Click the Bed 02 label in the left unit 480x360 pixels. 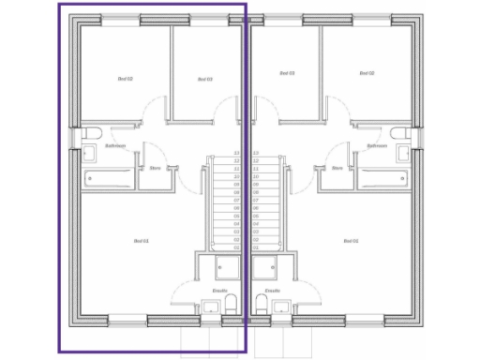pyautogui.click(x=125, y=79)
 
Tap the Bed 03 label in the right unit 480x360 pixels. pyautogui.click(x=288, y=72)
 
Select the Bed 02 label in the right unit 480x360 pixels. pyautogui.click(x=367, y=72)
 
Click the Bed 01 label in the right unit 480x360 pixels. pyautogui.click(x=350, y=242)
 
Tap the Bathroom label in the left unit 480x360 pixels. pyautogui.click(x=115, y=146)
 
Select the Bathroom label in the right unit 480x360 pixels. pyautogui.click(x=378, y=146)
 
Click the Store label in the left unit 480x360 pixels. pyautogui.click(x=156, y=169)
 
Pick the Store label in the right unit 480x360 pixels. pyautogui.click(x=337, y=169)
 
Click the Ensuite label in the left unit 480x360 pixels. pyautogui.click(x=220, y=292)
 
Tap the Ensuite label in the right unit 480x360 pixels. pyautogui.click(x=273, y=292)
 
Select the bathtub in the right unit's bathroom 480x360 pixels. pyautogui.click(x=383, y=177)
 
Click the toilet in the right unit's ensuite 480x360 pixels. pyautogui.click(x=258, y=303)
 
